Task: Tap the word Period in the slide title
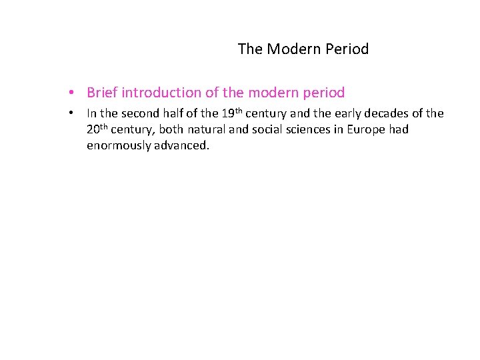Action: point(344,49)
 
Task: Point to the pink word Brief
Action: point(102,93)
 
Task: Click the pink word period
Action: point(323,93)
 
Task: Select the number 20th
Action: point(99,129)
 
